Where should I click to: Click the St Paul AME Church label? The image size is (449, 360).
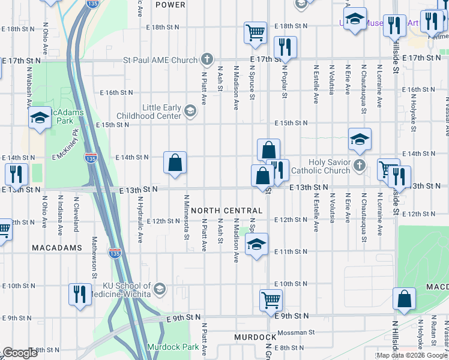tap(160, 60)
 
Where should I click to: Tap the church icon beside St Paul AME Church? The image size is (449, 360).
tap(207, 59)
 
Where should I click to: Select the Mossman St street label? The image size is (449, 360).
tap(295, 332)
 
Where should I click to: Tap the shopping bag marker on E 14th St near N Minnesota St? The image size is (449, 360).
tap(175, 163)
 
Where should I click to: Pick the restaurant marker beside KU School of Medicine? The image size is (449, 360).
tap(80, 295)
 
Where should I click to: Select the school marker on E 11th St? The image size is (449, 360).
tap(256, 245)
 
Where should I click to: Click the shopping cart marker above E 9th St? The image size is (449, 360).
tap(271, 299)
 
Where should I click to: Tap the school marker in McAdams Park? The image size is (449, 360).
tap(40, 118)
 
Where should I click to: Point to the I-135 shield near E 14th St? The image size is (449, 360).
tap(89, 158)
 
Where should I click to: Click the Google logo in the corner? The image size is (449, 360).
tap(20, 353)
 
